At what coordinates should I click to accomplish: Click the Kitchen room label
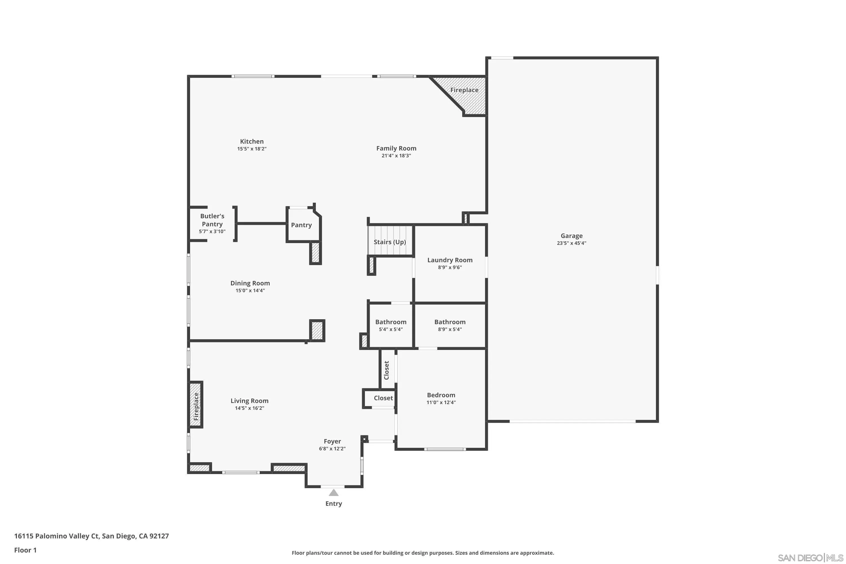[x=252, y=141]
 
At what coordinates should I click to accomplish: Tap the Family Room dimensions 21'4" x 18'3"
[x=396, y=156]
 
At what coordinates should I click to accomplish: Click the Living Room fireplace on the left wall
[x=196, y=404]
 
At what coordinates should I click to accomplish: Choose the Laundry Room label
[x=450, y=260]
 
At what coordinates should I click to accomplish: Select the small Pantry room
[x=301, y=225]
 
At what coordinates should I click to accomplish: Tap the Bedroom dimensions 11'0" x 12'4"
[x=441, y=402]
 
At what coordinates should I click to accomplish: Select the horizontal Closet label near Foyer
[x=383, y=398]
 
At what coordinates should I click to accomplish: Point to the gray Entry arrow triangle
[x=333, y=493]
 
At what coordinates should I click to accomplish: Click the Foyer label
[x=332, y=441]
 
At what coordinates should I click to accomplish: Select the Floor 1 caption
[x=25, y=550]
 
